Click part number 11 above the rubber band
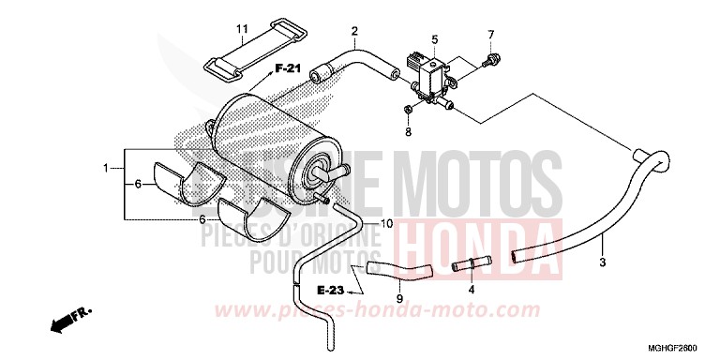coord(242,30)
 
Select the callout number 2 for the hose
coord(354,31)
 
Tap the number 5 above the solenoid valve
coord(434,39)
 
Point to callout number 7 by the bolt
coord(489,36)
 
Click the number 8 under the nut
coord(408,132)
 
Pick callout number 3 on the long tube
coord(603,239)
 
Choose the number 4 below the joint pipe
coord(472,290)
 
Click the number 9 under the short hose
coord(398,299)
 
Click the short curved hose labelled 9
coord(397,272)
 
